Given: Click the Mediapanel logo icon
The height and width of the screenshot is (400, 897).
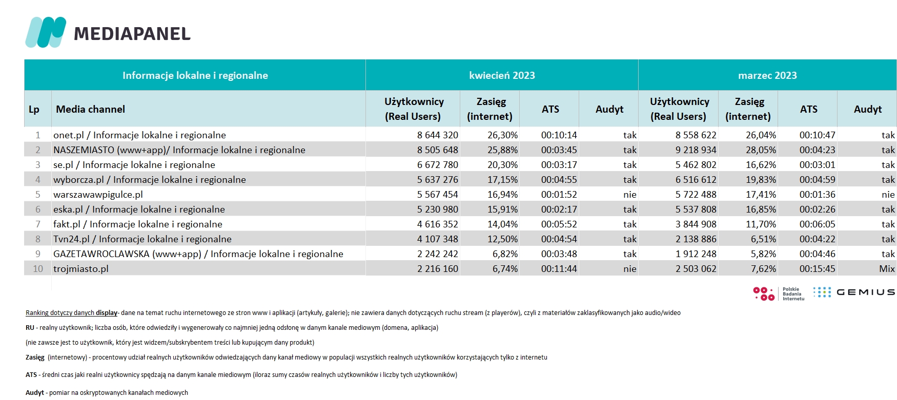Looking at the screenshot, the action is tap(46, 32).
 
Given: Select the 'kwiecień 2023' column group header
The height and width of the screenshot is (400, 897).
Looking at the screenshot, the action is tap(502, 75).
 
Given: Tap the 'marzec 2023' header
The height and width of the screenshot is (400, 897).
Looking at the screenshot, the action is tap(767, 75).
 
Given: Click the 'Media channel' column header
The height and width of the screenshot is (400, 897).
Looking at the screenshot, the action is tap(90, 109).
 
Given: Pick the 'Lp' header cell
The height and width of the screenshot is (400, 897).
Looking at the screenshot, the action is tap(34, 109).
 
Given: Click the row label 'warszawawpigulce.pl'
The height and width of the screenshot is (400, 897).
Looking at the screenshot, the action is tap(98, 195).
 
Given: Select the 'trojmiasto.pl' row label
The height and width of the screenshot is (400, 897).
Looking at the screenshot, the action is tap(81, 269).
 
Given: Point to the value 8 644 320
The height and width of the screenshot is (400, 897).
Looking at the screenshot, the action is tap(438, 135).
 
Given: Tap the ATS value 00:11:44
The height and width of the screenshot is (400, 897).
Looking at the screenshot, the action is tap(559, 269).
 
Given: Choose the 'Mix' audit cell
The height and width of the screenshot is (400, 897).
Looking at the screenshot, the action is tap(887, 269).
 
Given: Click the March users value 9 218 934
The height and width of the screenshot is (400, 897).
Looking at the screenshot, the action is tap(696, 150).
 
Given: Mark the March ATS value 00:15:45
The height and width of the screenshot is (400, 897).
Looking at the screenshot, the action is tap(818, 269).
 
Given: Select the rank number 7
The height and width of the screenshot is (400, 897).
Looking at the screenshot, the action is tap(38, 224).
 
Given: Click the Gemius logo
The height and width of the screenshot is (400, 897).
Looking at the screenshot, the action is tap(854, 292).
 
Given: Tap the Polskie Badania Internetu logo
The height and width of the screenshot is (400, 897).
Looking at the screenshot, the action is tap(779, 293).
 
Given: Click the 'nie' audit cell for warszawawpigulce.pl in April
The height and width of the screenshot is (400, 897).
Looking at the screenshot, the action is tap(630, 195).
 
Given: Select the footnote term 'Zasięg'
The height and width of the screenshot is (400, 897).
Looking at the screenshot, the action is tap(35, 357).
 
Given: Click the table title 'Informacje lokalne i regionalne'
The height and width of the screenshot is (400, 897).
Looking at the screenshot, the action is tap(195, 75).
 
